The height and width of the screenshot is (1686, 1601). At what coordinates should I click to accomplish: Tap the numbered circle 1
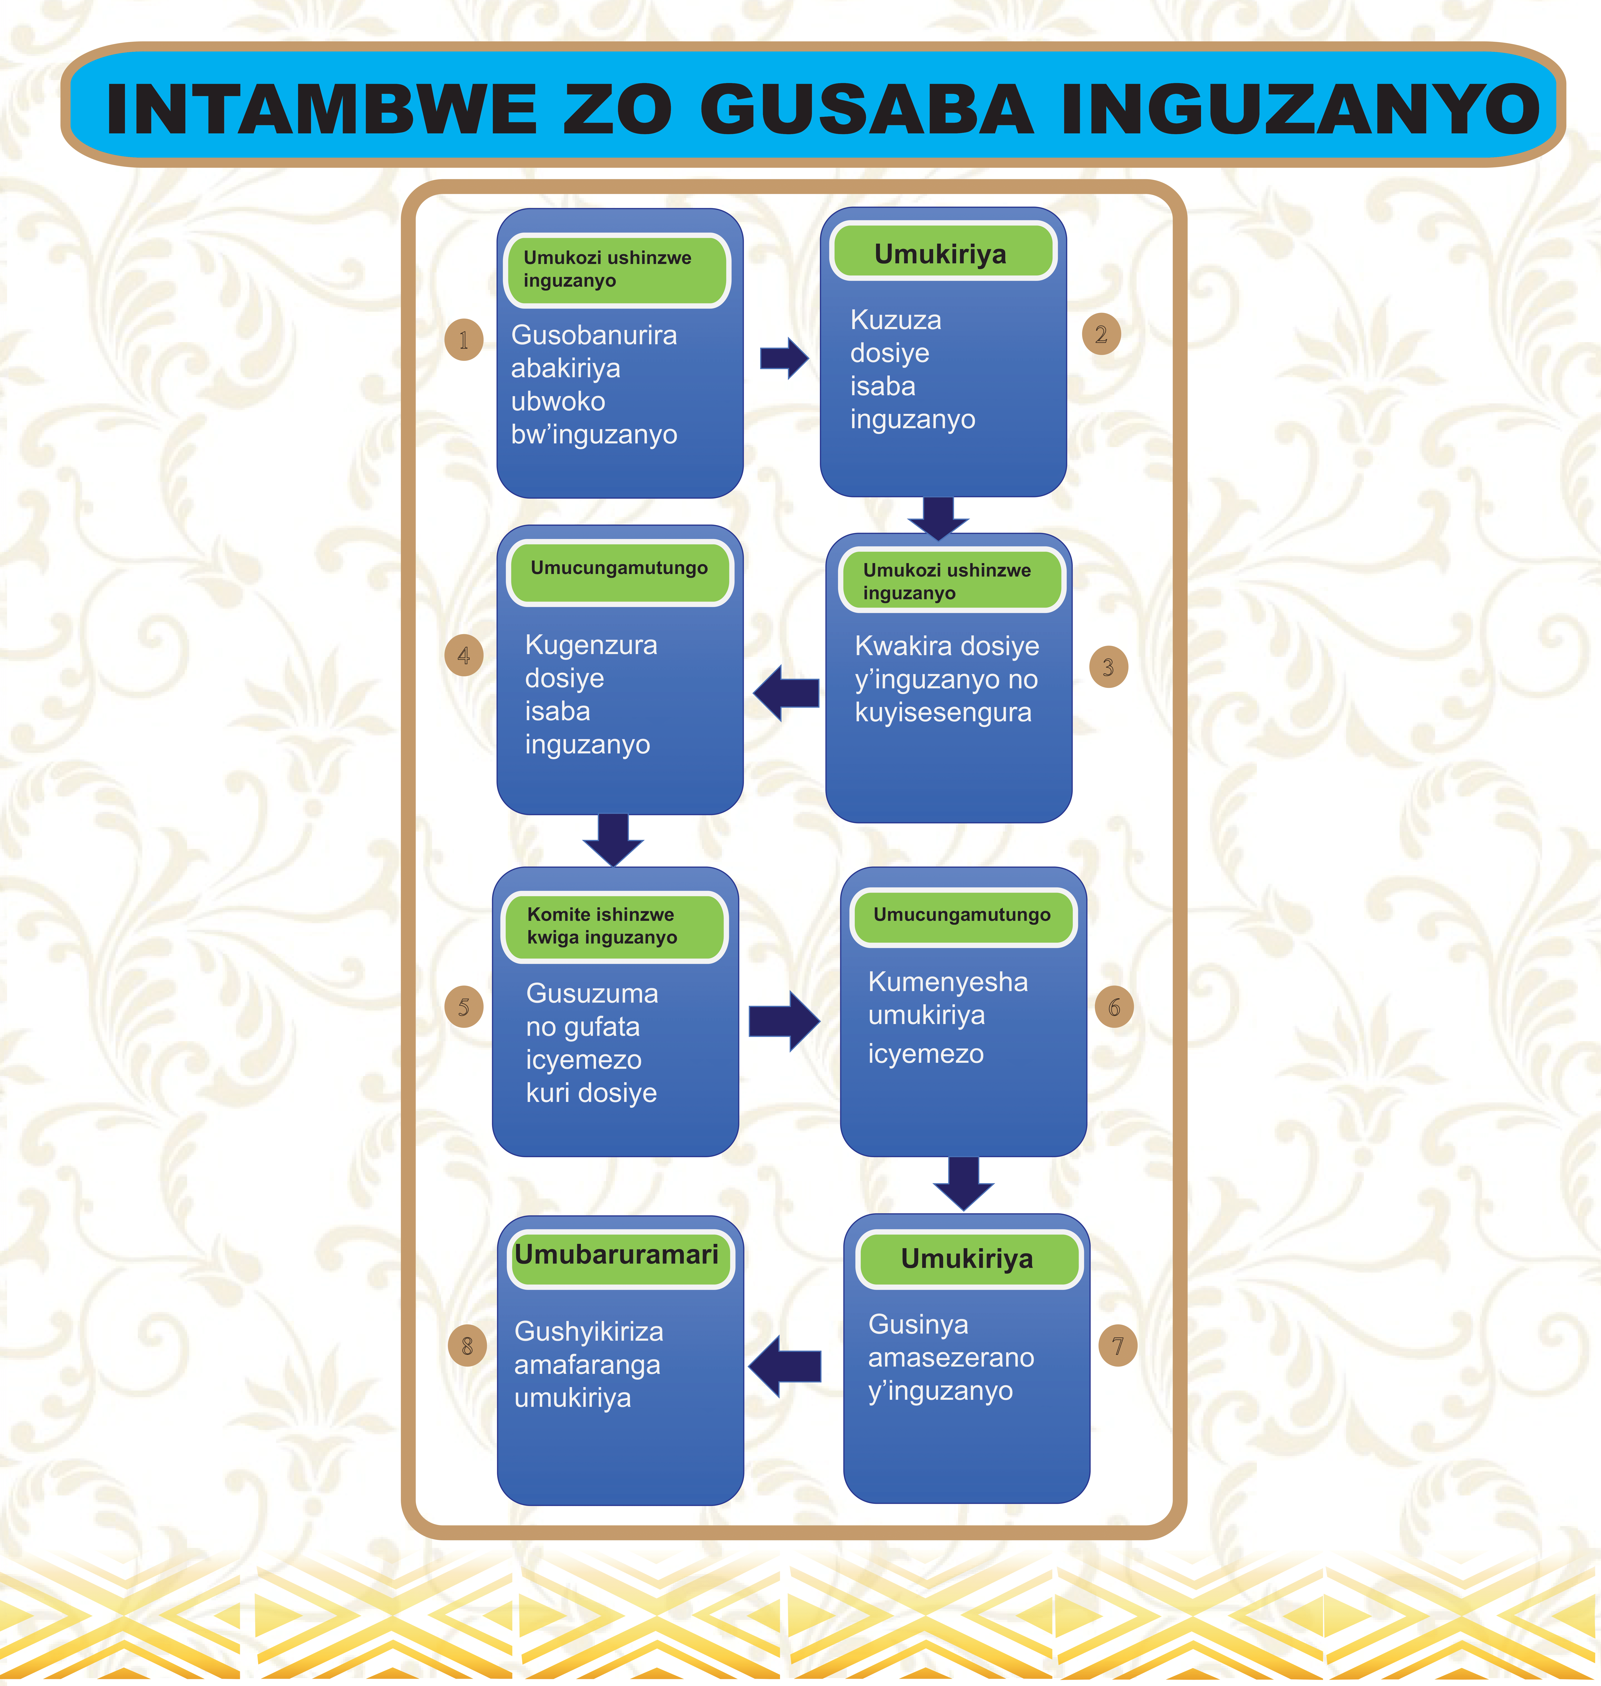[463, 340]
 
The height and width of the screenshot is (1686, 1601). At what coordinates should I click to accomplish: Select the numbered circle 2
[1101, 334]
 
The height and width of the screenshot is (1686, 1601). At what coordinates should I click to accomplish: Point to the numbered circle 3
[1108, 667]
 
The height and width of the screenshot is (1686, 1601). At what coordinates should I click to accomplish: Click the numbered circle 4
[463, 656]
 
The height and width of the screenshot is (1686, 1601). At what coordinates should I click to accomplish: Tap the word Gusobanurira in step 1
[594, 335]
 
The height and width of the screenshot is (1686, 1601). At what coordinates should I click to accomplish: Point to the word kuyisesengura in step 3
[943, 712]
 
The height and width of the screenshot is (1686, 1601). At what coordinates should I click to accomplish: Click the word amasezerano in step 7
[951, 1357]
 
